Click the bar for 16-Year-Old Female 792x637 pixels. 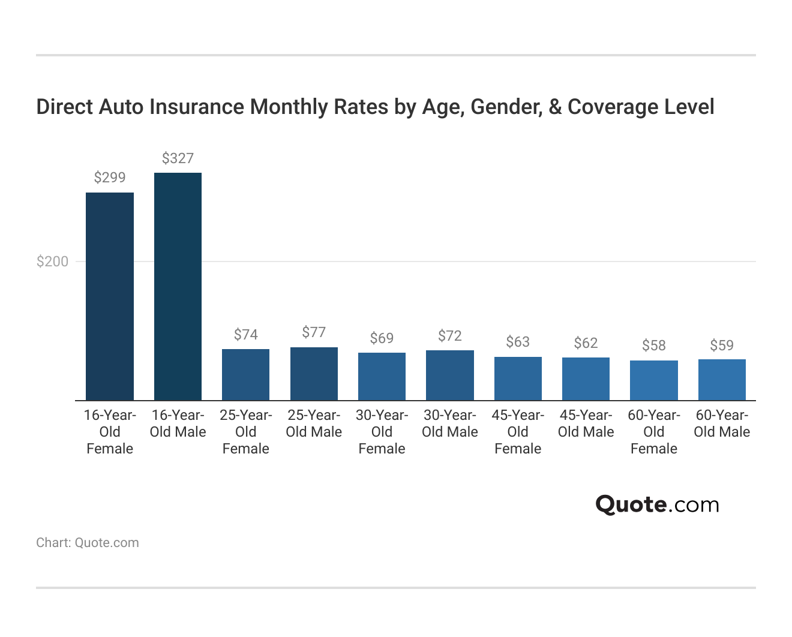[x=110, y=296]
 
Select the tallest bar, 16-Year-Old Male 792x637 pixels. [x=178, y=287]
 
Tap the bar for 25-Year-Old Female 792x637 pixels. [x=245, y=375]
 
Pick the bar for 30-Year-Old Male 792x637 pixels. [x=450, y=375]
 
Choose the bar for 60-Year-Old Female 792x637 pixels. [x=654, y=380]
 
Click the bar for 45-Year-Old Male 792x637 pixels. [x=586, y=379]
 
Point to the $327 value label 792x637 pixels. [x=178, y=158]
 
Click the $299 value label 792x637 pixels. [x=110, y=178]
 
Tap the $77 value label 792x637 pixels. [x=314, y=332]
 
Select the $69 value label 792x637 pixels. [x=382, y=338]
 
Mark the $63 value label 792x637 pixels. [x=518, y=342]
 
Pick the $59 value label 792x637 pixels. [x=722, y=345]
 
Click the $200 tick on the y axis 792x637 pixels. [x=52, y=262]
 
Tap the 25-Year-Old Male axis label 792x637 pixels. [x=314, y=423]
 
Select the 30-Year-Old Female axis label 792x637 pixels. [x=382, y=432]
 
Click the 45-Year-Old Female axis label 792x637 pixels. [x=518, y=432]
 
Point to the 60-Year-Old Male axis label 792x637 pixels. [x=722, y=423]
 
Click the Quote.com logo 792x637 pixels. [x=657, y=504]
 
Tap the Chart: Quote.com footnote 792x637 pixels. [x=88, y=543]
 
